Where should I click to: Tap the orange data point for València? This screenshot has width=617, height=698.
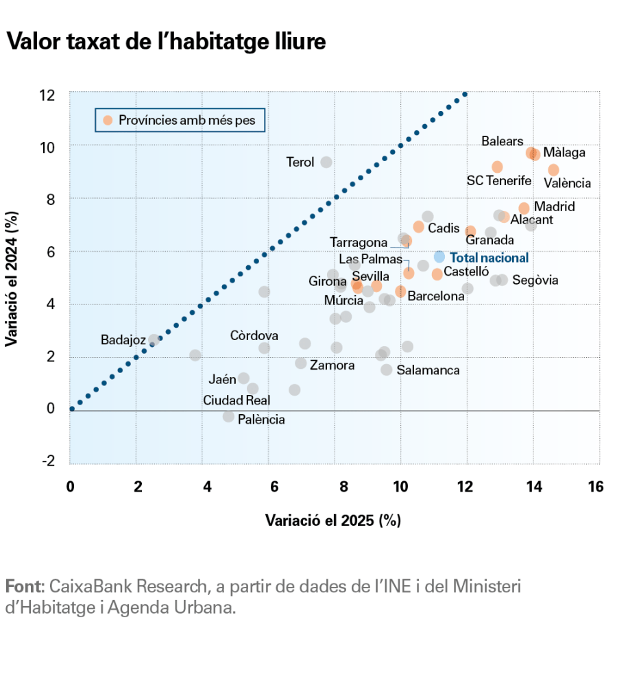553,169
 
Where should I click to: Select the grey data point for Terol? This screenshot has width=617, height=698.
326,162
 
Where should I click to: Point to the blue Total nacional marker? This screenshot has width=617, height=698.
439,257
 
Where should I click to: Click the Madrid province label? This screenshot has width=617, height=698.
554,206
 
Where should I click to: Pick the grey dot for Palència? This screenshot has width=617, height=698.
228,416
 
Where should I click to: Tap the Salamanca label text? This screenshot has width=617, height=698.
428,370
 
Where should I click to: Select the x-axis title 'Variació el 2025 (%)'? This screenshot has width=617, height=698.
333,520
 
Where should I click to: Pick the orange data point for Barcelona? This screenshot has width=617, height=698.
400,291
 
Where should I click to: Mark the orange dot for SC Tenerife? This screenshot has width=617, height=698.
497,167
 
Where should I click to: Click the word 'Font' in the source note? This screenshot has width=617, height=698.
24,587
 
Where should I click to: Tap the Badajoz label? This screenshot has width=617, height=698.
123,340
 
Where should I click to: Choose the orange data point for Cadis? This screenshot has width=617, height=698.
418,227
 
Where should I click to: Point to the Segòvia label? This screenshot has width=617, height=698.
535,280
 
